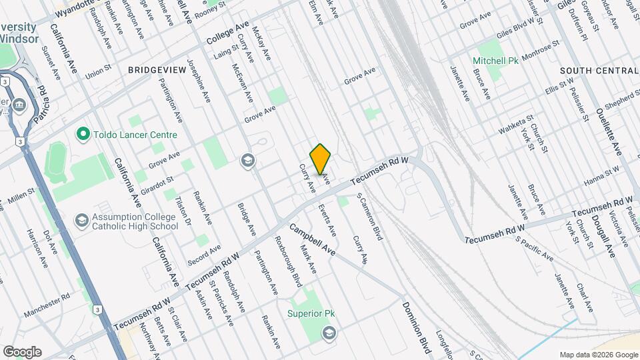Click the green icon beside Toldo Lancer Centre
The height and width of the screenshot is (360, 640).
(83, 135)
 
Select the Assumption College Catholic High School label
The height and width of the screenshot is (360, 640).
(136, 221)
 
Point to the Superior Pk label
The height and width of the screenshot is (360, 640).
(310, 313)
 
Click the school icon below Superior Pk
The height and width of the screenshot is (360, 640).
(329, 332)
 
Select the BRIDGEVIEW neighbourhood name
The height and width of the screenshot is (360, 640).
(158, 69)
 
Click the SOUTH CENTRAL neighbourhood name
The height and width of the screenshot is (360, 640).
(599, 71)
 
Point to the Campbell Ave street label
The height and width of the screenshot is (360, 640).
(321, 238)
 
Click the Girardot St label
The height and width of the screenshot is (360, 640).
(160, 180)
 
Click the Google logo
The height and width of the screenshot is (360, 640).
(22, 352)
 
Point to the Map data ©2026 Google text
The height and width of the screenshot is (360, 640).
(598, 354)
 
